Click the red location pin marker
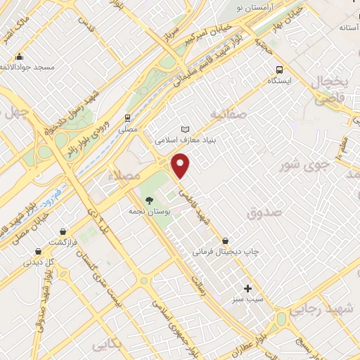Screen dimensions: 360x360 coord(181,166)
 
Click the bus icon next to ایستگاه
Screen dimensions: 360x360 coord(281,70)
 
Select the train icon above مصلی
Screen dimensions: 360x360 coord(127,117)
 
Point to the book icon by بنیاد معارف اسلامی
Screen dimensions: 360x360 coord(186,129)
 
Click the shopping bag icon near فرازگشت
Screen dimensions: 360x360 coord(63,231)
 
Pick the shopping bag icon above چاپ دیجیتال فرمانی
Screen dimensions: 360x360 coord(225,240)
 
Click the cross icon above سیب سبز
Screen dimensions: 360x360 coord(247,288)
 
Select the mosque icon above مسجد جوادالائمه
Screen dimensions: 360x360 coord(19,56)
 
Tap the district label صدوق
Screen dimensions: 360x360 coord(264,212)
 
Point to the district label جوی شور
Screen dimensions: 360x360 coord(304,165)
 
